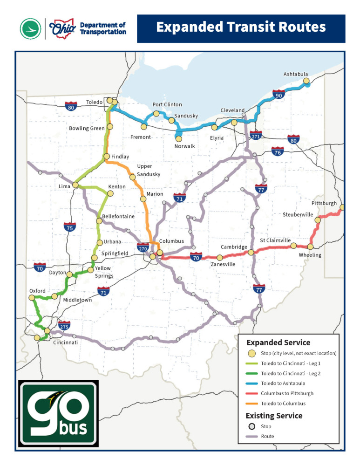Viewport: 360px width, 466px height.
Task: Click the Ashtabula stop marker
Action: point(306,81)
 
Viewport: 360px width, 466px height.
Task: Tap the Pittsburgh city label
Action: point(324,204)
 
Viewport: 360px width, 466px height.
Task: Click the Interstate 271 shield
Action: point(256,135)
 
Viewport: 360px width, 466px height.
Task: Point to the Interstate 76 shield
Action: point(277,151)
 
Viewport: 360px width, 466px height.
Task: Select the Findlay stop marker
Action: point(106,156)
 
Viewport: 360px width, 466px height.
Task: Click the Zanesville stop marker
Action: point(220,257)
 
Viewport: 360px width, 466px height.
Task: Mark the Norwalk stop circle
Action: point(179,138)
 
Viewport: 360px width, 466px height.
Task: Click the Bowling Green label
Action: point(87,128)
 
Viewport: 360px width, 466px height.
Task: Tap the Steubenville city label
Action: point(297,214)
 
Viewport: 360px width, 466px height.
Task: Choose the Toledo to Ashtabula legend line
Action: point(252,383)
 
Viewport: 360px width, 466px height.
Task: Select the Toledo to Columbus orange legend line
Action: point(252,404)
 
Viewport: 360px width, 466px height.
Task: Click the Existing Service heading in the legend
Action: point(274,415)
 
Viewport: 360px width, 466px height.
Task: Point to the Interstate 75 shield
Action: point(69,227)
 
